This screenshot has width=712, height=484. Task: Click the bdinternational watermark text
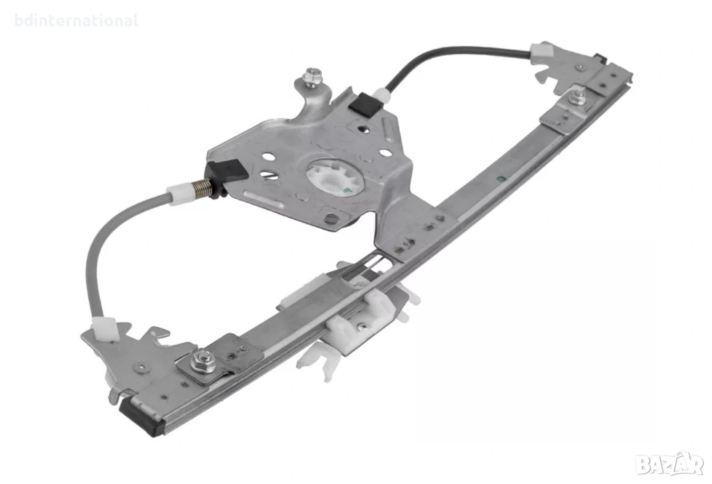76,21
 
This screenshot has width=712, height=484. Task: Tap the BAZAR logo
670,463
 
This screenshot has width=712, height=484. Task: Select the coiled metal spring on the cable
202,188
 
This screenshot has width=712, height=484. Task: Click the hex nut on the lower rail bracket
201,362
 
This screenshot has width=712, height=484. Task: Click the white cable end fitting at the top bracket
542,54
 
